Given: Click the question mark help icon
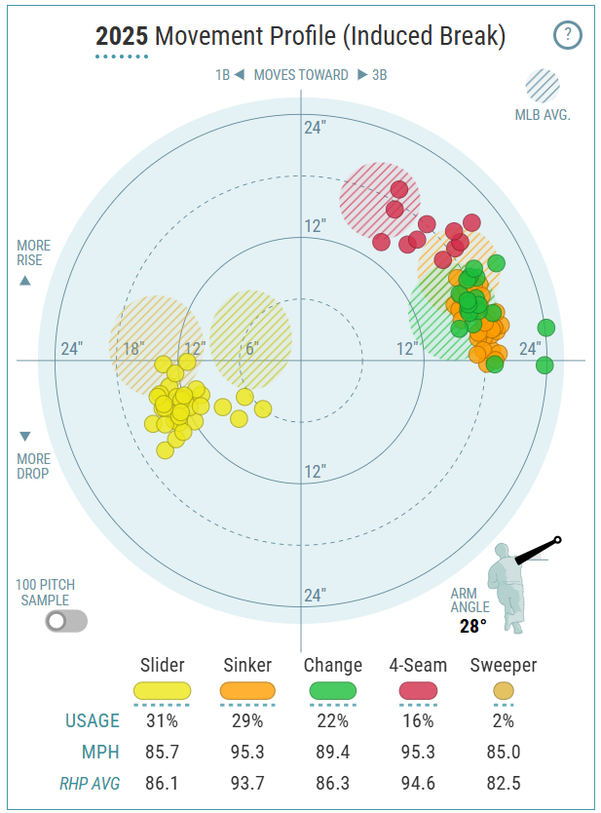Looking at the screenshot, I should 567,36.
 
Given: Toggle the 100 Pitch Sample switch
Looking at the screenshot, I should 65,621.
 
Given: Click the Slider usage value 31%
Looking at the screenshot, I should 162,721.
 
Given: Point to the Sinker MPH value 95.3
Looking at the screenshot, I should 247,753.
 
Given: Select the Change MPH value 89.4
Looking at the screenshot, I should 333,753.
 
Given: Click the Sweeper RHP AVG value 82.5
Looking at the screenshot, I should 503,783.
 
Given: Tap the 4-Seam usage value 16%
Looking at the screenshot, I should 417,721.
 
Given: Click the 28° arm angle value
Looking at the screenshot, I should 472,626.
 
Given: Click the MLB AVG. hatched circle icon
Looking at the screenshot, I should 542,86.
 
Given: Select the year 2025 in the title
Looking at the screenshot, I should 122,37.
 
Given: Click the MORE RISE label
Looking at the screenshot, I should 33,253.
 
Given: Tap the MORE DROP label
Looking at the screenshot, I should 33,466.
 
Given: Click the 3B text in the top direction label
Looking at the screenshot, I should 379,75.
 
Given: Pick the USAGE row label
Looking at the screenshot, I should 93,721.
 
